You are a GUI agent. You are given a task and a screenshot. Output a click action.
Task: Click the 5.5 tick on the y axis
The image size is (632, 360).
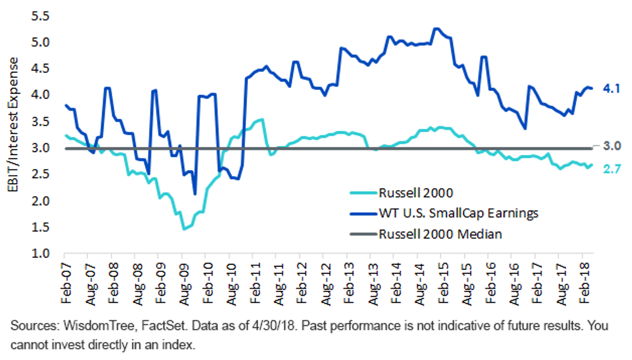pyautogui.click(x=40, y=16)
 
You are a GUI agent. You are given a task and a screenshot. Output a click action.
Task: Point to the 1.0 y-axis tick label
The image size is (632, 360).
pyautogui.click(x=40, y=254)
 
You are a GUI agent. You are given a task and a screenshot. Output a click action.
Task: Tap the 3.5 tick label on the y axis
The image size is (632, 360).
pyautogui.click(x=40, y=122)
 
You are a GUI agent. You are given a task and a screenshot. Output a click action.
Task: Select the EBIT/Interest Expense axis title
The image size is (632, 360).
pyautogui.click(x=13, y=125)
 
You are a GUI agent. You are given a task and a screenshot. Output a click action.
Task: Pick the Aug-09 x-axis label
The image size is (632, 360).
pyautogui.click(x=184, y=285)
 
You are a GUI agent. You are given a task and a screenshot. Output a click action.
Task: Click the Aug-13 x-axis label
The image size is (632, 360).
pyautogui.click(x=373, y=285)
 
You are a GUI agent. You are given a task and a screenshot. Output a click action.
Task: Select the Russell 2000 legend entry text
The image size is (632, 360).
pyautogui.click(x=416, y=193)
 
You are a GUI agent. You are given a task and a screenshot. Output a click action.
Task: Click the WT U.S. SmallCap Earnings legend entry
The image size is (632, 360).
pyautogui.click(x=459, y=213)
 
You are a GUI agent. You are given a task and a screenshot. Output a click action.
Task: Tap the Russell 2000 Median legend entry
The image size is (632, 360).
pyautogui.click(x=440, y=234)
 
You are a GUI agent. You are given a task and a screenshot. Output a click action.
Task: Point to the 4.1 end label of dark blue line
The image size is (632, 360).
pyautogui.click(x=611, y=89)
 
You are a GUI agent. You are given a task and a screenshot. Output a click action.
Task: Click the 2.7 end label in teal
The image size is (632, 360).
pyautogui.click(x=612, y=169)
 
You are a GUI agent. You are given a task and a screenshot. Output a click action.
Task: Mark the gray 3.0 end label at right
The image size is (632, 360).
pyautogui.click(x=612, y=146)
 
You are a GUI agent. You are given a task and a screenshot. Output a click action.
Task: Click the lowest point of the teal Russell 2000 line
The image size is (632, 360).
pyautogui.click(x=184, y=229)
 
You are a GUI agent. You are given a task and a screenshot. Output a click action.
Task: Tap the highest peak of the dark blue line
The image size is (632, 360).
pyautogui.click(x=437, y=28)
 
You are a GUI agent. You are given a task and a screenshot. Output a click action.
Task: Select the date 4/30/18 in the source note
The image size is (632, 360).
pyautogui.click(x=273, y=326)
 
